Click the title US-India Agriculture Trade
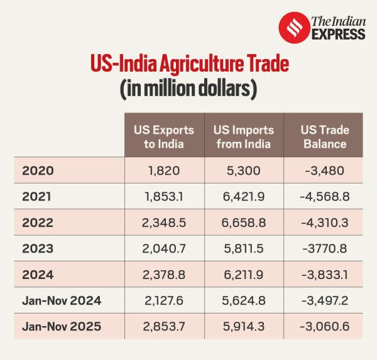click(x=188, y=65)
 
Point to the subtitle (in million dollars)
click(x=188, y=89)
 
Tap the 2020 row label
click(x=38, y=170)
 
